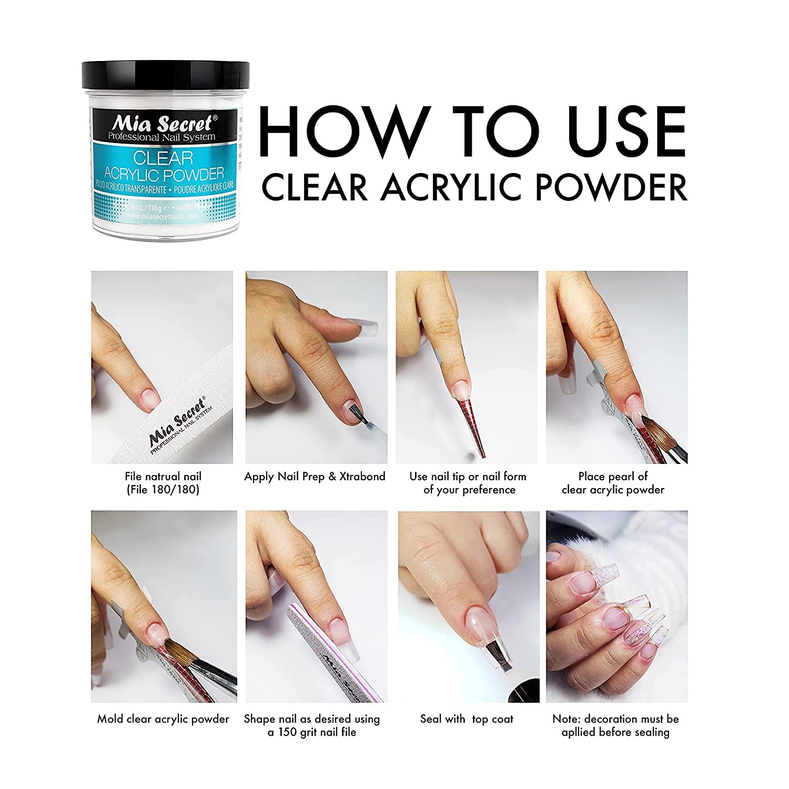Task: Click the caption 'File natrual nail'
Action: pos(163,477)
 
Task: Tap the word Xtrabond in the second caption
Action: pos(362,477)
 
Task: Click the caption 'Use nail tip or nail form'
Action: pos(468,477)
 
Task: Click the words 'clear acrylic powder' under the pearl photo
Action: pos(613,490)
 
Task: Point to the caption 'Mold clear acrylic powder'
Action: pos(163,719)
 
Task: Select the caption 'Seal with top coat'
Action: pos(467,719)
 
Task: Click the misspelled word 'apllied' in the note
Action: pos(581,732)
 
